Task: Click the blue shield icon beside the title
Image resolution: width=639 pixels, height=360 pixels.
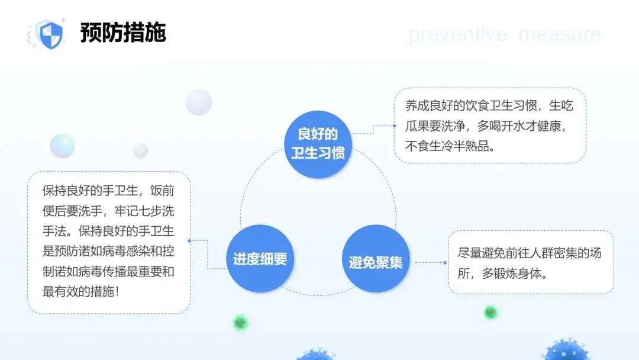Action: pyautogui.click(x=50, y=34)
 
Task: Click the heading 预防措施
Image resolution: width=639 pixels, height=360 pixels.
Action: pyautogui.click(x=123, y=33)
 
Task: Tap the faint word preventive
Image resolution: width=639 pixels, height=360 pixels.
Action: pyautogui.click(x=457, y=34)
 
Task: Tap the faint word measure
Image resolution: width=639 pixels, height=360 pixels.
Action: pyautogui.click(x=559, y=34)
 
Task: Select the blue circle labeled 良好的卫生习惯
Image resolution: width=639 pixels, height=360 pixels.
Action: pyautogui.click(x=318, y=143)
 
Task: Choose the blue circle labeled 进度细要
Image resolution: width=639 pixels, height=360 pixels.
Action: pyautogui.click(x=260, y=259)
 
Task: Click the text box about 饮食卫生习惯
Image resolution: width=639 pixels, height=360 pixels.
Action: pyautogui.click(x=490, y=126)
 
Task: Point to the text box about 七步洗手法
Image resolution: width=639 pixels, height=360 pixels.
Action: pyautogui.click(x=109, y=242)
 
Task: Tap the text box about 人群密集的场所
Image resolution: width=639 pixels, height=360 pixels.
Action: pyautogui.click(x=530, y=262)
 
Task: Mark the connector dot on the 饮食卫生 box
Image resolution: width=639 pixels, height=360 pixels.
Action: pyautogui.click(x=394, y=126)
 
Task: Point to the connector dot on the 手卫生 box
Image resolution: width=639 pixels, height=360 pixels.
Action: pyautogui.click(x=189, y=241)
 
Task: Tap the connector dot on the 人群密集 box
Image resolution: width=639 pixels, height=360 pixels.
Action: pyautogui.click(x=446, y=262)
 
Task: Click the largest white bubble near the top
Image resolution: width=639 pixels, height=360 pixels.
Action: pyautogui.click(x=198, y=102)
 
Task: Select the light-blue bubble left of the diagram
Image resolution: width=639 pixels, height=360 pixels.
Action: pyautogui.click(x=62, y=146)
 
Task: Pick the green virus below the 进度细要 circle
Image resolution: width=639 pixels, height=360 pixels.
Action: pyautogui.click(x=240, y=322)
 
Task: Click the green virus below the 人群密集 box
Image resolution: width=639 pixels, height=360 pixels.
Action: pyautogui.click(x=490, y=312)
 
